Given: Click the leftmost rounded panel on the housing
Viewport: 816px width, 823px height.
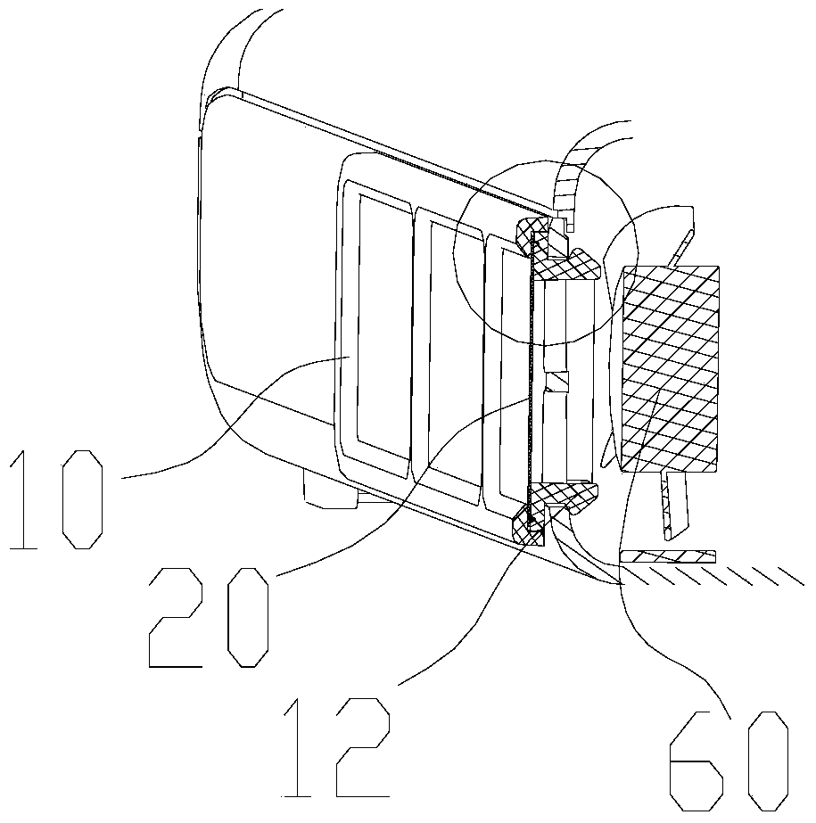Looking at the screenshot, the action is pyautogui.click(x=375, y=321).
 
